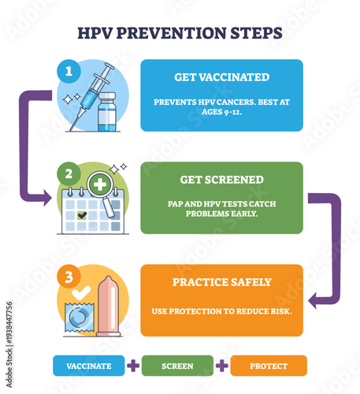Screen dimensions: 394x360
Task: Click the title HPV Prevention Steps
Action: point(180,34)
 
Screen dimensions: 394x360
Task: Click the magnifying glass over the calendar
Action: point(105,191)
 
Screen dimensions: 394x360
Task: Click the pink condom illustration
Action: point(108,307)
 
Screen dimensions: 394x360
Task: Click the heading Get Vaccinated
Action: point(221,77)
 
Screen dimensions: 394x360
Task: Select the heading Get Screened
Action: point(221,180)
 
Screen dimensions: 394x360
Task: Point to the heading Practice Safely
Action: point(221,282)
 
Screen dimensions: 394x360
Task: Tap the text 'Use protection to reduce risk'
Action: point(221,310)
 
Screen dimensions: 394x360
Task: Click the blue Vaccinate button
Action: point(88,366)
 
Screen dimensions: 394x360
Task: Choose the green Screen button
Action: point(177,366)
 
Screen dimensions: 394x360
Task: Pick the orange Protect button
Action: point(268,366)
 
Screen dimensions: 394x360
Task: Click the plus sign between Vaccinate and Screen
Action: point(133,366)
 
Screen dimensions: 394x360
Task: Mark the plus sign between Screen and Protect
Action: point(222,366)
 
